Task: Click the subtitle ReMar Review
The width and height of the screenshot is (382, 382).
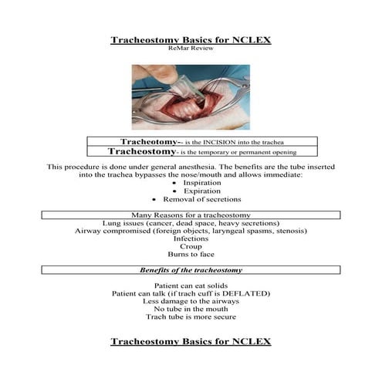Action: click(x=190, y=47)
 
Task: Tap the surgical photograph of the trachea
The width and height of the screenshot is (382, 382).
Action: click(x=190, y=96)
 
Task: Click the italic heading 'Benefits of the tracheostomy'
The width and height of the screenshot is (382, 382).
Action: click(x=190, y=270)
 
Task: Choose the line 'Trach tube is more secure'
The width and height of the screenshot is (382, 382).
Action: click(x=190, y=316)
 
